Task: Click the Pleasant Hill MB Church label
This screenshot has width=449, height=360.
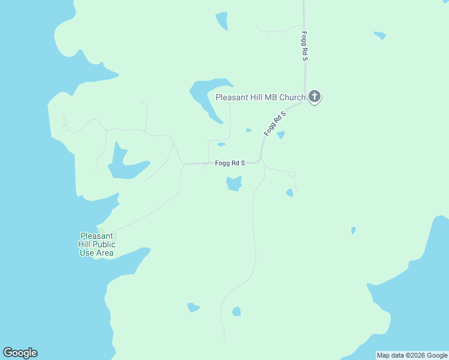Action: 261,97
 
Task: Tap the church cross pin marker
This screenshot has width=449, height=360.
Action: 314,97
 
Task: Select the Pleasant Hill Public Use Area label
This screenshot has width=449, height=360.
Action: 97,244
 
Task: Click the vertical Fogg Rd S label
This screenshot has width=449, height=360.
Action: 305,46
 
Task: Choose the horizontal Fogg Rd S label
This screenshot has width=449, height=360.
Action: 230,163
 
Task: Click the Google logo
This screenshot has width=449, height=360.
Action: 20,353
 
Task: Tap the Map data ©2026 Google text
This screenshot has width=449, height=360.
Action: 412,355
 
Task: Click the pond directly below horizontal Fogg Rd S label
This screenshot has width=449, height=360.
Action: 234,184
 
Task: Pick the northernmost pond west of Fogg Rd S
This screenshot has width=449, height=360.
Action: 222,20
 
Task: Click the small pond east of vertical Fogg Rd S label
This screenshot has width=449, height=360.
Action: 379,35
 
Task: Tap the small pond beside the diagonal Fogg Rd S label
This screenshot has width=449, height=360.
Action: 280,135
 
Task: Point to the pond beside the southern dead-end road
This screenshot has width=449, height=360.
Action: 237,311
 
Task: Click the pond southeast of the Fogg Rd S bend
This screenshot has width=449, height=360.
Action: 290,193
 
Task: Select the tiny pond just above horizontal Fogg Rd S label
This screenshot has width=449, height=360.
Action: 221,145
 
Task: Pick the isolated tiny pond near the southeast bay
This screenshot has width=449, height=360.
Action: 354,230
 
